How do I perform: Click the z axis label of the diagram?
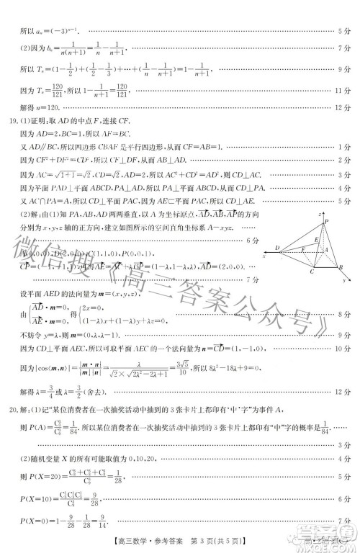tap(320, 214)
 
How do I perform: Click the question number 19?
tap(12, 121)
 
